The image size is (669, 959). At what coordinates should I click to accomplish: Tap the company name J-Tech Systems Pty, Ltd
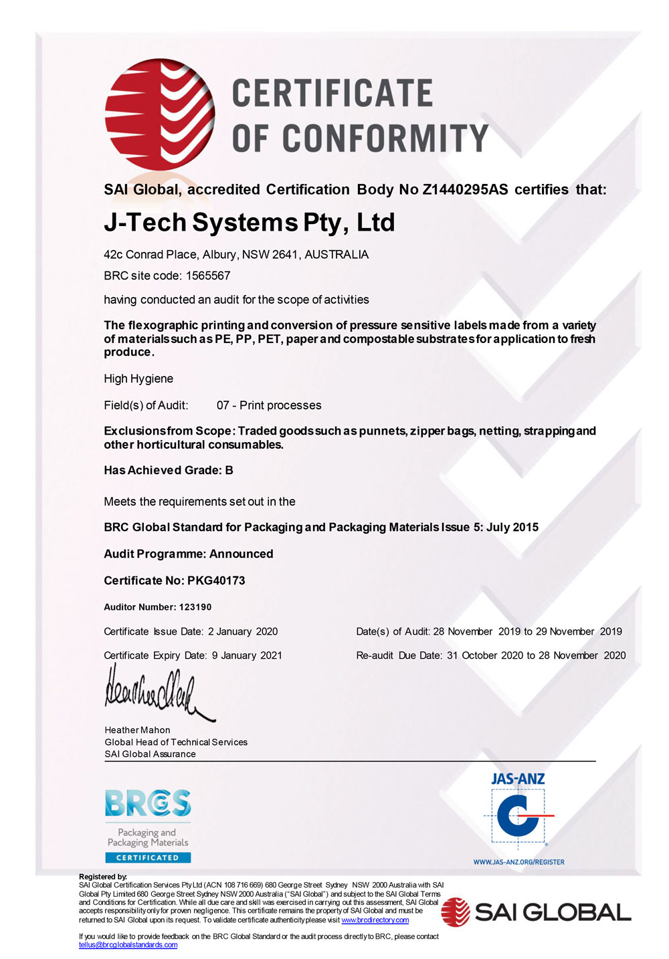249,222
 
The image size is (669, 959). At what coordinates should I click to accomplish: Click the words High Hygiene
138,379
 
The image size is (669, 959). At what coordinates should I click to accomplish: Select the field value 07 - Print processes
269,405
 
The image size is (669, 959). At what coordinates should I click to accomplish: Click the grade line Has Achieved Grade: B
169,470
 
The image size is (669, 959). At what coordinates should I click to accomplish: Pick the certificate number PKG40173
216,580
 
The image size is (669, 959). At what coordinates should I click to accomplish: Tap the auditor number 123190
195,607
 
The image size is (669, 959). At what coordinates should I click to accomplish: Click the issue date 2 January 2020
243,631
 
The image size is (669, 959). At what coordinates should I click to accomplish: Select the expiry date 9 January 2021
247,655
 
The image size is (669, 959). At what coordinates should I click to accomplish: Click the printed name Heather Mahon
137,730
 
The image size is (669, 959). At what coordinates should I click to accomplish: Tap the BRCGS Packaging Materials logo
148,826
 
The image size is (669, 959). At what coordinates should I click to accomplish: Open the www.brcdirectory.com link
375,920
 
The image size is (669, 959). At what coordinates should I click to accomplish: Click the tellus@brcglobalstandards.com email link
128,945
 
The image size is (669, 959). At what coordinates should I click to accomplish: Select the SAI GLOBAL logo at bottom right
536,912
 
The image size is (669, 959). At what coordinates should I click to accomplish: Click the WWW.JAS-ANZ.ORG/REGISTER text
518,862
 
